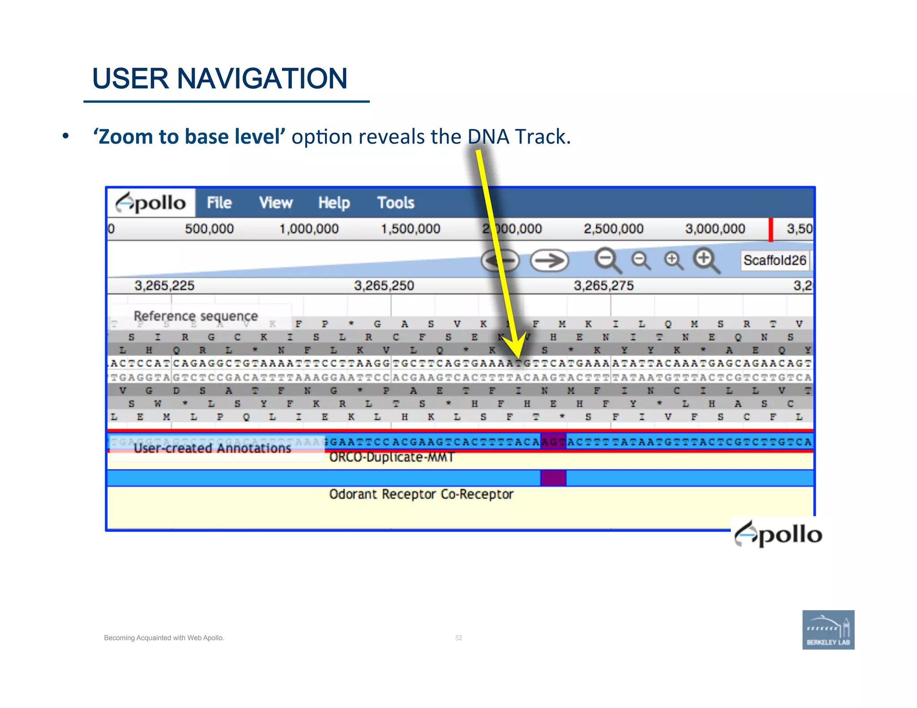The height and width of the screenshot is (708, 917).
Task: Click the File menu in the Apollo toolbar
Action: pos(219,203)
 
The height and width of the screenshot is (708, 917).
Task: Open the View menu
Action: pos(276,203)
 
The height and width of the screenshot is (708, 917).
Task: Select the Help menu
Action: pos(334,203)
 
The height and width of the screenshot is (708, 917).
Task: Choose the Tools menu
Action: pos(396,203)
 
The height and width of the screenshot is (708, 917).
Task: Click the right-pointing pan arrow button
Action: pos(549,260)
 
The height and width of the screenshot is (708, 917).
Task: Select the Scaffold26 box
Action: pos(775,260)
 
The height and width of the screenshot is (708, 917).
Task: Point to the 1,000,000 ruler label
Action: pos(309,229)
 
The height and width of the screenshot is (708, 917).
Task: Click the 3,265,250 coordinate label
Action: pos(384,286)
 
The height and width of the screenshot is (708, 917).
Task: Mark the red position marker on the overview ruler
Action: pos(771,230)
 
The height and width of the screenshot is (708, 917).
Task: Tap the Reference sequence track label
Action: pos(196,316)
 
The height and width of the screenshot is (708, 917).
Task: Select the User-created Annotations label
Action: pos(212,448)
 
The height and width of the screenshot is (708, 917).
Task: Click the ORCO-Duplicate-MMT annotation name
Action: pos(392,457)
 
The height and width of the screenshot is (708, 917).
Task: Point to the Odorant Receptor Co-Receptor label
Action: pos(421,494)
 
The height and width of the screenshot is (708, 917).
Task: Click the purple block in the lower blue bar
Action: pos(553,478)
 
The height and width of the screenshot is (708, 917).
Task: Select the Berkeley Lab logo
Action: pos(828,630)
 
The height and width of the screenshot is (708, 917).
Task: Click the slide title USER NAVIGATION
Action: pos(220,79)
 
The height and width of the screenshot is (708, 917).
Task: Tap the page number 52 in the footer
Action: pos(458,638)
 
